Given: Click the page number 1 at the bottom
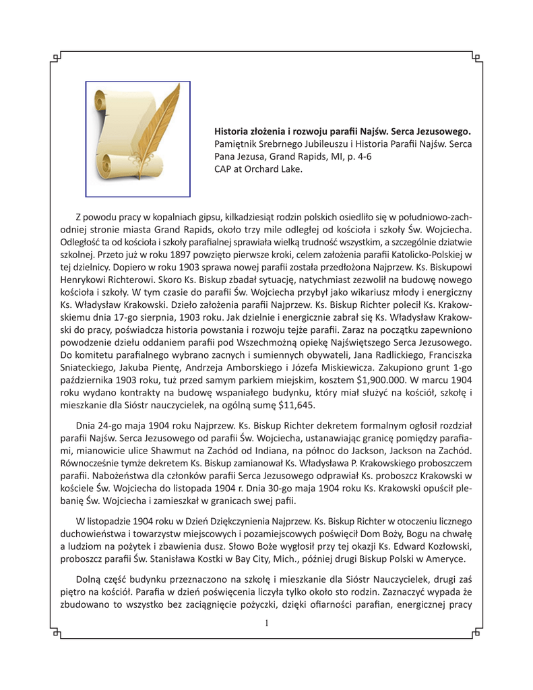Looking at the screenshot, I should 267,623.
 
